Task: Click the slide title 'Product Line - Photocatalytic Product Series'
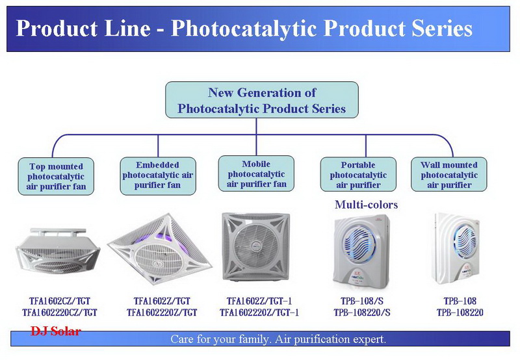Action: [244, 28]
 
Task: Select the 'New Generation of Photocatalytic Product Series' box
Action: [262, 100]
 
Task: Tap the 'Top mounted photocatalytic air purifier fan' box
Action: [56, 176]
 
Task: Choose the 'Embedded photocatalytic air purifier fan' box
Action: [158, 175]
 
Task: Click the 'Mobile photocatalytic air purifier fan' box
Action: [256, 174]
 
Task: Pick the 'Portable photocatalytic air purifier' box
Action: [358, 175]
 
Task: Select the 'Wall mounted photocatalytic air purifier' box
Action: [449, 175]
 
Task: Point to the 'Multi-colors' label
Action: [366, 205]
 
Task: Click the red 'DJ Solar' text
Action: [56, 331]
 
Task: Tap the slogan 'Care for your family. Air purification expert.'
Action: [278, 339]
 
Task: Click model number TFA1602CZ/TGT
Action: [60, 301]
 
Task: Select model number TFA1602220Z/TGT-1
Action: [259, 313]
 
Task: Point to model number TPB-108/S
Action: [362, 301]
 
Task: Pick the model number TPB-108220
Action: [460, 313]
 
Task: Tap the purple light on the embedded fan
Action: [165, 237]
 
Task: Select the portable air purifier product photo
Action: [362, 251]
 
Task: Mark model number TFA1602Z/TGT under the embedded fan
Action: [162, 301]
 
